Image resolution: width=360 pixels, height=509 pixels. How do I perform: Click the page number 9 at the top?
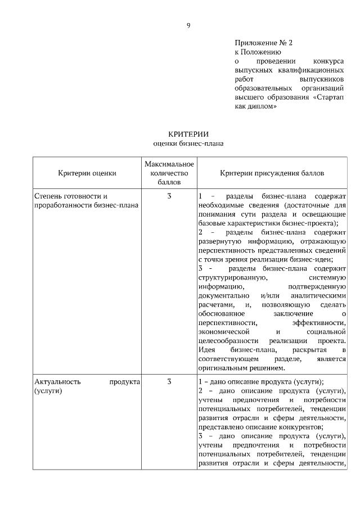pos(188,25)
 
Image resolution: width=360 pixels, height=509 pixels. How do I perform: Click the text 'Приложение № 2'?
pos(264,42)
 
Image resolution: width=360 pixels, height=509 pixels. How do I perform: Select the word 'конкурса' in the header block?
pos(328,61)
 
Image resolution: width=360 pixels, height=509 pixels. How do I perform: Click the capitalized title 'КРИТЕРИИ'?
pos(188,134)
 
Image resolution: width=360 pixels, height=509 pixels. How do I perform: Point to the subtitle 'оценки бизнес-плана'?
pos(188,143)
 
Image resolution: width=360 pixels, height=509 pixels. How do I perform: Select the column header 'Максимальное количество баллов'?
pos(169,173)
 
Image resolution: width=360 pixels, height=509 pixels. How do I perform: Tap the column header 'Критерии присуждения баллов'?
pos(272,173)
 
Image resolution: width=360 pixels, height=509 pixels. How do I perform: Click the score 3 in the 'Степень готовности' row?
pos(169,196)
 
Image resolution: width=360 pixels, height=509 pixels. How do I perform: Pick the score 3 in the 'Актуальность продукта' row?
pos(169,381)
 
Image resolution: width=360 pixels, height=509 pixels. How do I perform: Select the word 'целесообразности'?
pos(228,341)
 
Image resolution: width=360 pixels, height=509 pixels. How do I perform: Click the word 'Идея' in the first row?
pos(206,350)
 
